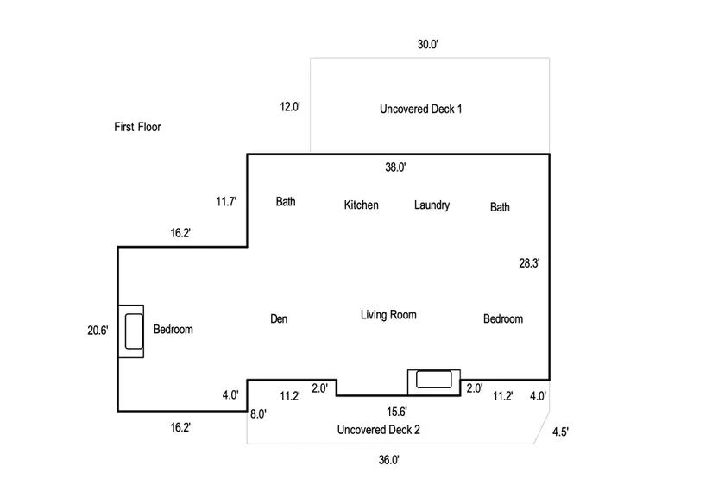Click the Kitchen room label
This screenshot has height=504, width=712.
click(361, 205)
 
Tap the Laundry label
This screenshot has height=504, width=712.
click(432, 205)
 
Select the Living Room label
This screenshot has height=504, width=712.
click(388, 315)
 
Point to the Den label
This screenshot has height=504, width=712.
click(279, 319)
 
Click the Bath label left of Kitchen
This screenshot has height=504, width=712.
click(286, 202)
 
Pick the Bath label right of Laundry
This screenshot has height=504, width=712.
click(500, 207)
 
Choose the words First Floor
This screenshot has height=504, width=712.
click(138, 127)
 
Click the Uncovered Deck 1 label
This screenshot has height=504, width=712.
click(421, 109)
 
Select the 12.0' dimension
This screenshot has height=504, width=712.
click(289, 108)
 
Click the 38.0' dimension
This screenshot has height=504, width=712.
click(395, 167)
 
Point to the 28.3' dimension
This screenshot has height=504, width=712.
click(529, 264)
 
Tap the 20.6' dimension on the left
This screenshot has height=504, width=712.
click(98, 330)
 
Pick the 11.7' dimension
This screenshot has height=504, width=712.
click(226, 202)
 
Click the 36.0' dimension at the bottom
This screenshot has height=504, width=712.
click(388, 461)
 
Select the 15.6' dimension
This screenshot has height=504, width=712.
click(397, 413)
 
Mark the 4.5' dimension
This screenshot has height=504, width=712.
click(561, 432)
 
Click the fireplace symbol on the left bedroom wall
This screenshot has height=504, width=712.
click(132, 331)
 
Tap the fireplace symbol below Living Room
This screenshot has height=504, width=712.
click(433, 380)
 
